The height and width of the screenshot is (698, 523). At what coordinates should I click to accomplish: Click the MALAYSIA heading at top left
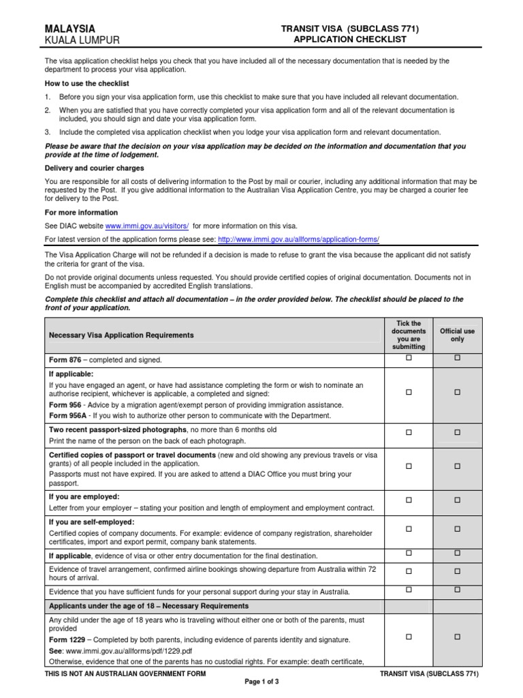point(69,29)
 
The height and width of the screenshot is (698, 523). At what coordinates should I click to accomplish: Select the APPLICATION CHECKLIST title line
point(350,40)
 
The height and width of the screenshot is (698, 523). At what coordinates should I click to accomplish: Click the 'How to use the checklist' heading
point(86,83)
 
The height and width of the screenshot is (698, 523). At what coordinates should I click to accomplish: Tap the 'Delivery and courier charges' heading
point(94,168)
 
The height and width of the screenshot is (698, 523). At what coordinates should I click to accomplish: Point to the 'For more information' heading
point(81,213)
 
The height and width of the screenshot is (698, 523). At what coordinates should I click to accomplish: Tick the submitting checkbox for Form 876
point(409,358)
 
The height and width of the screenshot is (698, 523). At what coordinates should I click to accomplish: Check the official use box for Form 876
point(458,358)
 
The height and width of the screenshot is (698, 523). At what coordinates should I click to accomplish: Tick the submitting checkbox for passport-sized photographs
point(409,432)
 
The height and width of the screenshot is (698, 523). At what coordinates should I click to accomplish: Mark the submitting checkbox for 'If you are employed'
point(409,500)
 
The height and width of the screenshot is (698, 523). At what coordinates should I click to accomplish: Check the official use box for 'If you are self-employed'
point(458,528)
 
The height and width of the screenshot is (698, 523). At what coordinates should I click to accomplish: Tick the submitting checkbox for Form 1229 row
point(409,637)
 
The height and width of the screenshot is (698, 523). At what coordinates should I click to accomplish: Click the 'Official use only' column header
point(458,335)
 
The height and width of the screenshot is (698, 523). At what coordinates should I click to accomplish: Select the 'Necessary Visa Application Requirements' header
point(121,335)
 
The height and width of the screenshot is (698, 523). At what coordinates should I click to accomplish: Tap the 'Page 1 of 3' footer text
point(261,682)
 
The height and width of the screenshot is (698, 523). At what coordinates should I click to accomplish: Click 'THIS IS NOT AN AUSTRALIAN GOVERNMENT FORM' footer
point(125,673)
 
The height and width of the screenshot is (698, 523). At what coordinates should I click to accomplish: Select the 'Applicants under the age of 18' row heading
point(148,606)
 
